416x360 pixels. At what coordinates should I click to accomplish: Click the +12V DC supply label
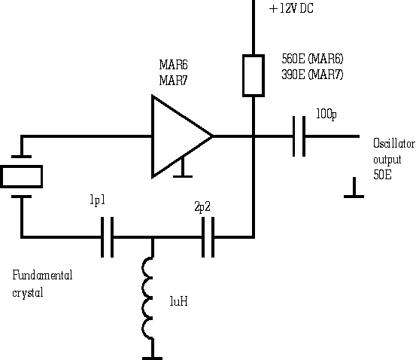291,8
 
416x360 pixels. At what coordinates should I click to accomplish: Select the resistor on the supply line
254,76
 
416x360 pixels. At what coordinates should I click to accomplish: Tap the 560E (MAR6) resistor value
312,59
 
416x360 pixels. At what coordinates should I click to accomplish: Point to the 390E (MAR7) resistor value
312,75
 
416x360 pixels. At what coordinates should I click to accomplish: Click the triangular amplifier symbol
182,136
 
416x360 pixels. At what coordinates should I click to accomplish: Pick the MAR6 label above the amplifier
173,65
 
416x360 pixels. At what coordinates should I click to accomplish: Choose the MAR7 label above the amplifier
173,81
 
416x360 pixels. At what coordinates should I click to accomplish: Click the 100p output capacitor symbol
299,136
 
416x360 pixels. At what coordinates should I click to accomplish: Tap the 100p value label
326,114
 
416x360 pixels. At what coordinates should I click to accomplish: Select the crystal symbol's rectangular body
22,177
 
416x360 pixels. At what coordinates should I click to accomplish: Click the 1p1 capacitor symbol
107,237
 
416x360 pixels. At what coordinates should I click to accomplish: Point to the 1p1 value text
98,200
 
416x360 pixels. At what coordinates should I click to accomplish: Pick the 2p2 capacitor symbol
208,237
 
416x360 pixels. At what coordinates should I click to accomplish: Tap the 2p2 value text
202,206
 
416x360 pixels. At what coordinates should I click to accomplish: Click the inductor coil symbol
147,297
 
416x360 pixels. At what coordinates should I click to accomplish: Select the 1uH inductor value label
178,301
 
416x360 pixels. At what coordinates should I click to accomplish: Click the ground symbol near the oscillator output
354,188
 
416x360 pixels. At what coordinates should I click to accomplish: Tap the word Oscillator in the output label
394,143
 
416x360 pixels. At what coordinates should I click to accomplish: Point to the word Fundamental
42,275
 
